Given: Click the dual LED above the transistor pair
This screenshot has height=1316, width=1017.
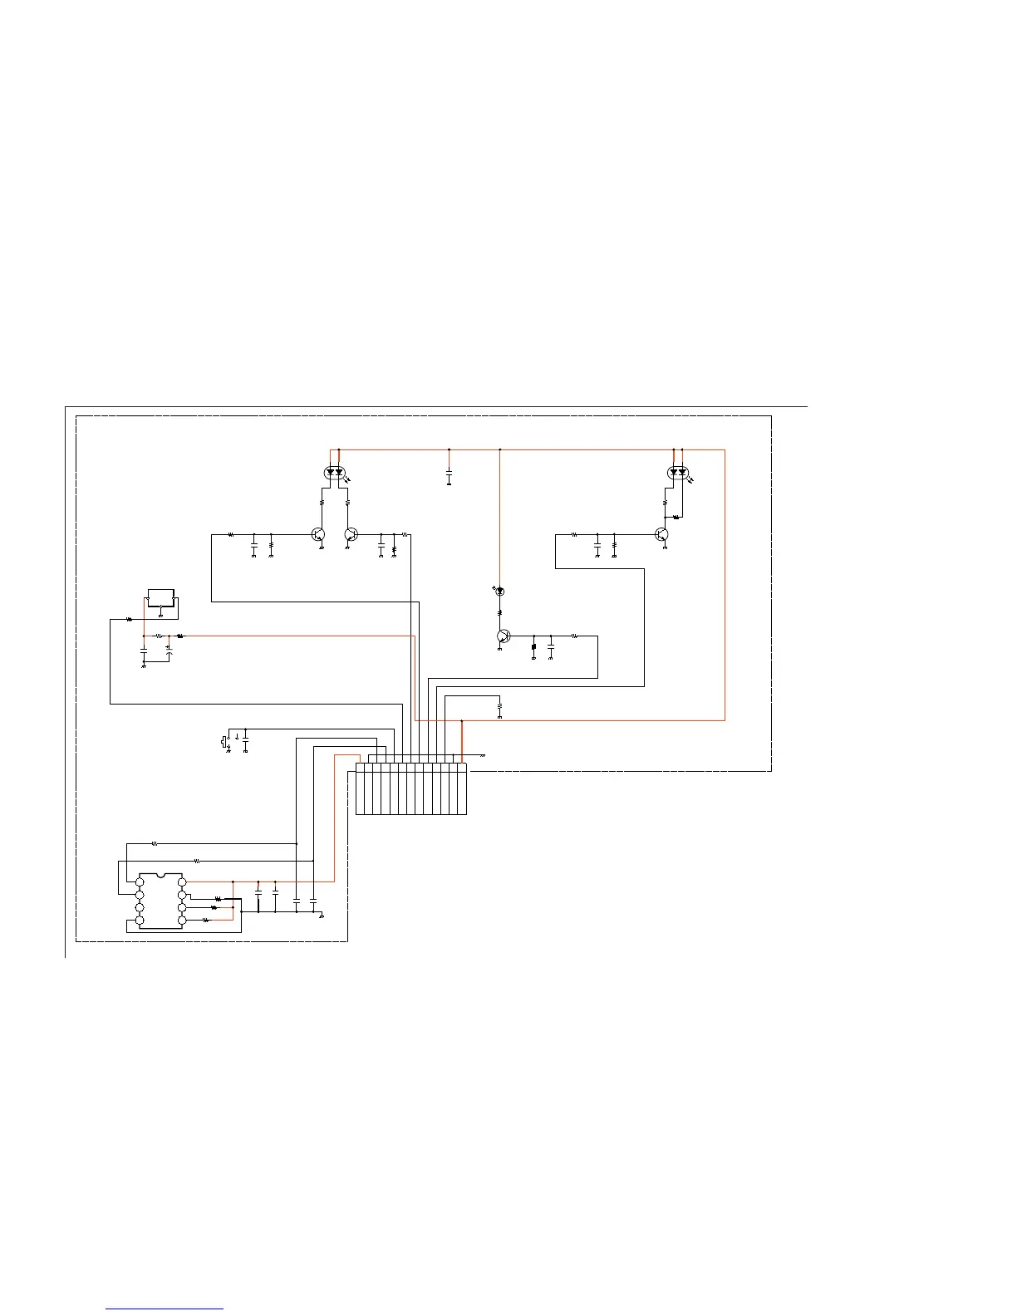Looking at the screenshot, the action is click(335, 473).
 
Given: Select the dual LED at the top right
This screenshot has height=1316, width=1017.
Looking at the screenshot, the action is click(678, 473).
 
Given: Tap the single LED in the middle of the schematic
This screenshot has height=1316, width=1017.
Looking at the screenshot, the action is click(499, 591).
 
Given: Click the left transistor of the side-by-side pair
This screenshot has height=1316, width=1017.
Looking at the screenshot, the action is click(318, 534).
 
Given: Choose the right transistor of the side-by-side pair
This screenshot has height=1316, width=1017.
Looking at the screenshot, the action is click(351, 534).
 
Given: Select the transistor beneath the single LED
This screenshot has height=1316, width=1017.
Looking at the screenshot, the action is click(503, 636).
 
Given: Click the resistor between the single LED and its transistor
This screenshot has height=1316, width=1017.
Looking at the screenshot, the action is click(499, 613).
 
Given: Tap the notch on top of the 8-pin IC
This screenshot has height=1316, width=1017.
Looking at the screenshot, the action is click(161, 875).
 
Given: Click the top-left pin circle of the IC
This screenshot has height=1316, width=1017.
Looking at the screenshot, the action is click(140, 881).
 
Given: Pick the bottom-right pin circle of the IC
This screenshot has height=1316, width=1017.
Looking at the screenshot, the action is click(182, 921).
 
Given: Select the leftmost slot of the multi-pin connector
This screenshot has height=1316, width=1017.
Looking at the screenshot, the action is click(360, 788).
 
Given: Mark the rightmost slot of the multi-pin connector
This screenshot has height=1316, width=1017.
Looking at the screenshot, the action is click(462, 788).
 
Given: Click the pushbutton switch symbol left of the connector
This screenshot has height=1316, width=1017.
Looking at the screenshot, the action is click(224, 741).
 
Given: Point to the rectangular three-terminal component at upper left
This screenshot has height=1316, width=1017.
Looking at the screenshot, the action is click(160, 598).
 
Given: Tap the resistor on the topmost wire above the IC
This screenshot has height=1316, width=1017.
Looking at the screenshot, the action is click(155, 843).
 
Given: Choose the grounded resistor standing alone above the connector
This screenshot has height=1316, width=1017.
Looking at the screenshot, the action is click(499, 707).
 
